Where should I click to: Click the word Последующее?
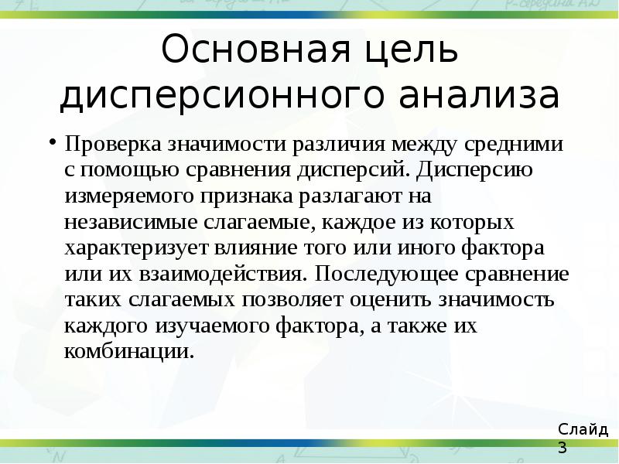(385, 275)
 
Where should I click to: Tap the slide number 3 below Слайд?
(562, 448)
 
